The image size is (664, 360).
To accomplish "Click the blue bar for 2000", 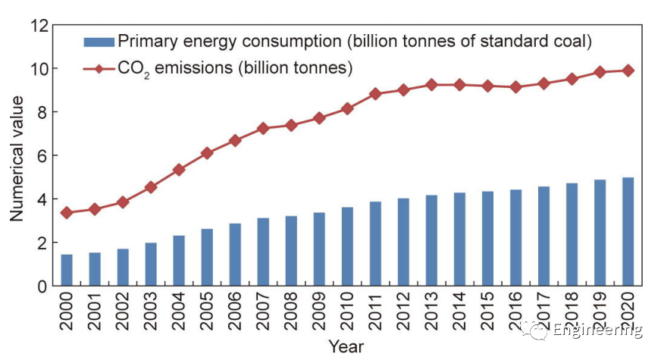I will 67,271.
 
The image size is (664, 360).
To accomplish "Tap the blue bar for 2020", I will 628,232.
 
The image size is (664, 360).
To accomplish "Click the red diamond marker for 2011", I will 375,94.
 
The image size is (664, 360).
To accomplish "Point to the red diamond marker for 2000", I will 67,213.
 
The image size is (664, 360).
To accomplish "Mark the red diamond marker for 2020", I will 628,70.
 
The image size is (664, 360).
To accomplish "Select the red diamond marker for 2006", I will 235,140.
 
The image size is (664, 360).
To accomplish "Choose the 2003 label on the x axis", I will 152,311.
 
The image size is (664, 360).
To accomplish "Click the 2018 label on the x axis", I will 572,311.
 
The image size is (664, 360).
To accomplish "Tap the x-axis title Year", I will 346,347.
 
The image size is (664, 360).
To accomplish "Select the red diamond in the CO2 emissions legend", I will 99,69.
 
